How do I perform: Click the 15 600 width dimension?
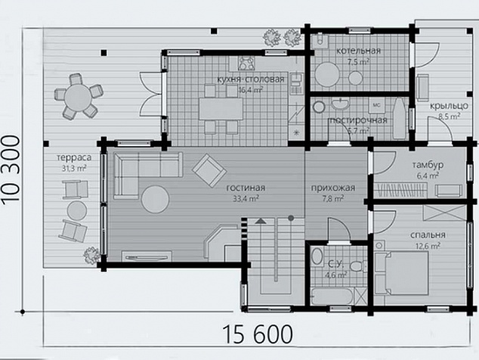click(258, 334)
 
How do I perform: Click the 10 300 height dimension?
click(11, 169)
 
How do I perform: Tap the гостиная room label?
click(246, 188)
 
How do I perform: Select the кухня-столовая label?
click(251, 79)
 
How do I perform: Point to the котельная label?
click(358, 51)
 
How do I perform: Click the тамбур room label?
click(428, 165)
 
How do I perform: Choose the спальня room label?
click(428, 235)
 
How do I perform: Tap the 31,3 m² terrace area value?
click(74, 168)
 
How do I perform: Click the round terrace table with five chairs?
click(79, 96)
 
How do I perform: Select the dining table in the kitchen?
click(221, 109)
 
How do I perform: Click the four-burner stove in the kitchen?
click(246, 64)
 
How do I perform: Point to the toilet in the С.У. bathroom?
click(357, 265)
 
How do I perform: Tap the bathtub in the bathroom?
click(332, 296)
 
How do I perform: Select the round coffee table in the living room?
click(155, 199)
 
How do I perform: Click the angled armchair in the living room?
click(209, 170)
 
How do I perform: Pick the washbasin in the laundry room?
click(341, 104)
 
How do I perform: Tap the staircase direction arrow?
click(261, 221)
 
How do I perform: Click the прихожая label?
click(333, 188)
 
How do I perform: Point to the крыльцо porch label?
click(449, 106)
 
